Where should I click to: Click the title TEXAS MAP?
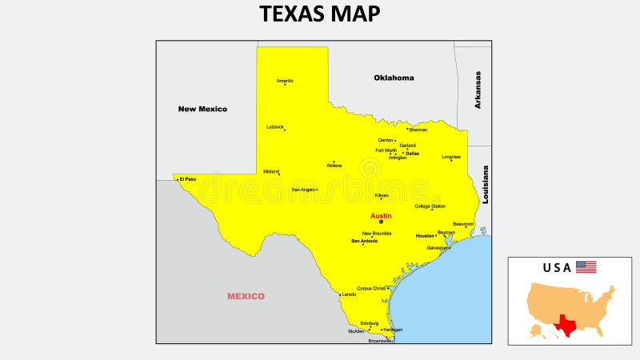(x=320, y=14)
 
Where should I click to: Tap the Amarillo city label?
(x=285, y=81)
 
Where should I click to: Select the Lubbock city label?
(x=275, y=126)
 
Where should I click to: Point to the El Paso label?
(x=188, y=179)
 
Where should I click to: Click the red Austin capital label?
(x=381, y=216)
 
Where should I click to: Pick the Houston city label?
(x=425, y=236)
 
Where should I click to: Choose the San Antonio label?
(x=364, y=241)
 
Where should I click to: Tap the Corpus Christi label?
(x=371, y=288)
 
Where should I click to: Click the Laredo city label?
(x=349, y=294)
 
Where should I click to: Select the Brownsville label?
(x=380, y=341)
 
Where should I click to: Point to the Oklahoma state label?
(x=394, y=78)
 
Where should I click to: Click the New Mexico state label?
(x=202, y=109)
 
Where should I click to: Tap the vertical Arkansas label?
(x=478, y=90)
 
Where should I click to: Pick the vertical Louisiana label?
(x=485, y=185)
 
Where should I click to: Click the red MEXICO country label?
(x=246, y=296)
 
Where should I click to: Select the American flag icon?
(x=586, y=267)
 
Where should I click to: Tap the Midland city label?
(x=271, y=171)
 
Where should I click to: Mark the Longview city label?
(x=451, y=157)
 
